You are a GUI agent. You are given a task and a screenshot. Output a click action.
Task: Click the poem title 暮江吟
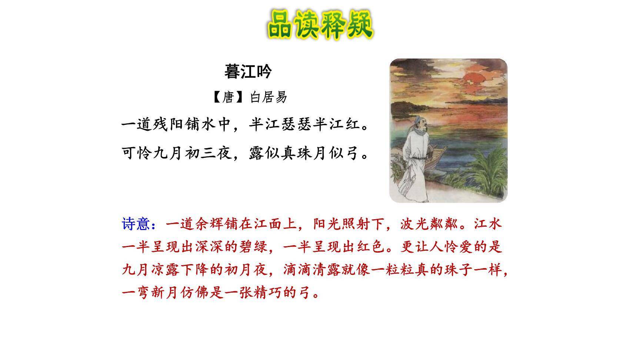point(248,71)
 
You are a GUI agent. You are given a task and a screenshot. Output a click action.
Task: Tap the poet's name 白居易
point(269,97)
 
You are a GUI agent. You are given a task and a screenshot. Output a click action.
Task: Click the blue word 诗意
point(136,224)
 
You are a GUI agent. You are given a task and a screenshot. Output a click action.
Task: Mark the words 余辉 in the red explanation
point(202,224)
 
